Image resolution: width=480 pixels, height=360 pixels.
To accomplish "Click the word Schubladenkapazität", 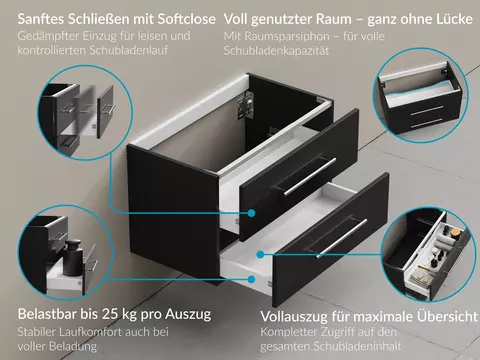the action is [276, 51].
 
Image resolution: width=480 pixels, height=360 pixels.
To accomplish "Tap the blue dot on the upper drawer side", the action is [251, 213].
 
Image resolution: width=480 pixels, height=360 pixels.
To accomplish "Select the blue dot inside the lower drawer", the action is [260, 255].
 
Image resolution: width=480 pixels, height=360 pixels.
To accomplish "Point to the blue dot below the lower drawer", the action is [251, 279].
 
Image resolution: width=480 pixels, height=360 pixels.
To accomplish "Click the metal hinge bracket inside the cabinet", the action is [246, 105].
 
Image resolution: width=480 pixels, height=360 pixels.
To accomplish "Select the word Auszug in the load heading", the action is [188, 314].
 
